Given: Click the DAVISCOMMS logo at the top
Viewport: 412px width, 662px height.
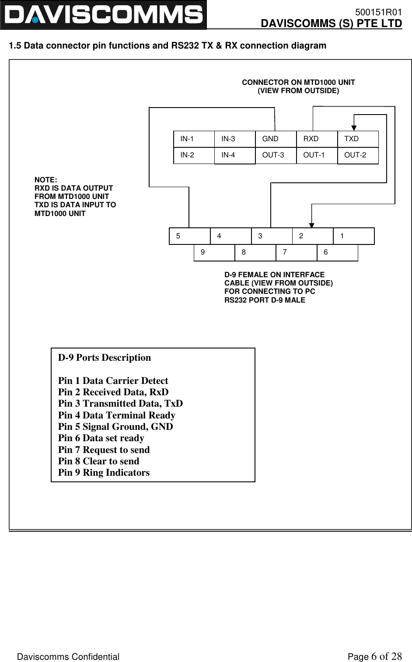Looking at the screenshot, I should coord(103,15).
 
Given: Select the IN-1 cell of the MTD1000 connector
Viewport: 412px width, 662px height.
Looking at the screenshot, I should coord(194,139).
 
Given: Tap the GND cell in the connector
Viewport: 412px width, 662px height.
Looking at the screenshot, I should coord(276,139).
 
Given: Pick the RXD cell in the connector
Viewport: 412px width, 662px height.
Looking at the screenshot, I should coord(317,139).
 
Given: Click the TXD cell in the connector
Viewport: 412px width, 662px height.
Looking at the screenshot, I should coord(358,139).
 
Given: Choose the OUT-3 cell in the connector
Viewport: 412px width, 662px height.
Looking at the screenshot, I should coord(276,155).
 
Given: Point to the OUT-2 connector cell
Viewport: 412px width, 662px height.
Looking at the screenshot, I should coord(358,155).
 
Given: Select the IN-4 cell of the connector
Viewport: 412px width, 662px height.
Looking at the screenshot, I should coord(235,155).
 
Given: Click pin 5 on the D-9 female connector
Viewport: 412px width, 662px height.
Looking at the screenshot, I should coord(189,236).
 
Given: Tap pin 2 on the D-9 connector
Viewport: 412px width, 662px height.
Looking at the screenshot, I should coord(313,236).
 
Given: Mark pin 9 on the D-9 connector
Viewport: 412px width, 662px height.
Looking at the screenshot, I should coord(214,252).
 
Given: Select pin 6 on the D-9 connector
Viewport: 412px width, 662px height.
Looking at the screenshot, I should coord(337,252).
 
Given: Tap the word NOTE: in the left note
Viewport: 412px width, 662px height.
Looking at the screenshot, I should coord(45,180).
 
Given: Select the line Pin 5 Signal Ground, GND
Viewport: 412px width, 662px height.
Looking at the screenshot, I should coord(115,427).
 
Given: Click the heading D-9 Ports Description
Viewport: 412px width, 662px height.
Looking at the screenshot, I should coord(105,358).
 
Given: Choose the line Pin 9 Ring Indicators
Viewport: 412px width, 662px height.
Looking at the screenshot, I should coord(104,473).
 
